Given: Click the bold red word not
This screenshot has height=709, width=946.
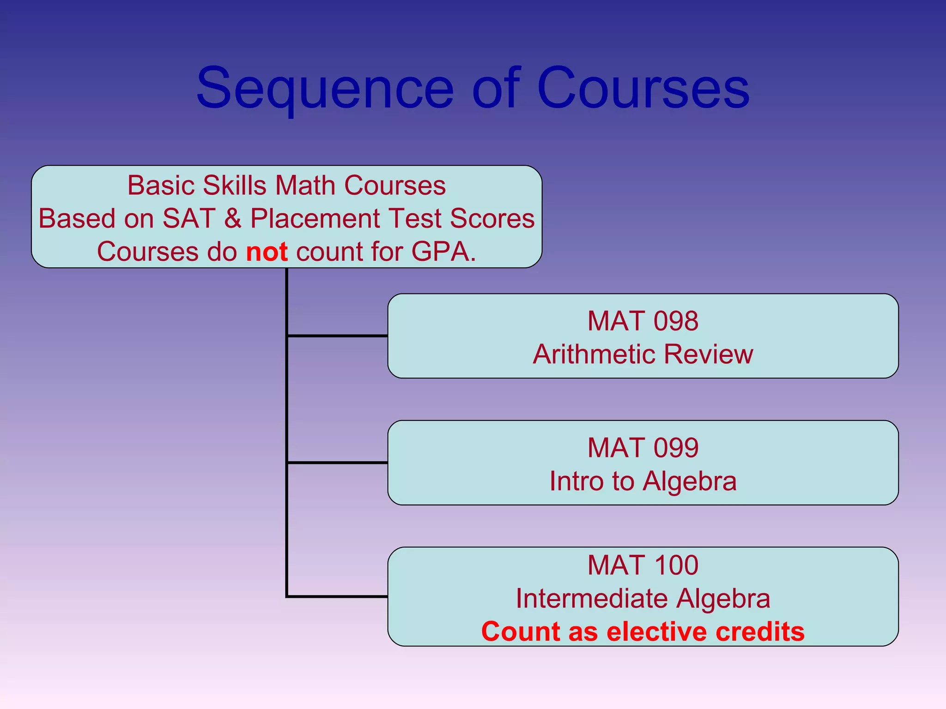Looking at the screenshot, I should coord(267,252).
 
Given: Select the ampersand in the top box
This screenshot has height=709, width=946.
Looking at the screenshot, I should coord(233,218).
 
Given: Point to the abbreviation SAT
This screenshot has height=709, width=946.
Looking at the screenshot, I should coord(189,218).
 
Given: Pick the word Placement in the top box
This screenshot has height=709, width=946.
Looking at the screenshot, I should coord(315,218).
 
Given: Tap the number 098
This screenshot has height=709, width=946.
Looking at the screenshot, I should coord(676,321).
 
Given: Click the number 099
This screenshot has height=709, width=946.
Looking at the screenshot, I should coord(676,448).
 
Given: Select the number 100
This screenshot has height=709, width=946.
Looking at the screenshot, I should coord(676,565).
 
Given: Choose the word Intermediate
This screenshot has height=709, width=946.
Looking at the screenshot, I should coord(592,599).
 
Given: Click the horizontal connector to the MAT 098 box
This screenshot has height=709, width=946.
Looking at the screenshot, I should coord(338,336).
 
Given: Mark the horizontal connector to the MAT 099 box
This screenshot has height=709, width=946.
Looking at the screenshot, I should coord(338,462).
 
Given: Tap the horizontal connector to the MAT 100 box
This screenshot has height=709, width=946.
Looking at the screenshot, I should coord(338,596).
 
